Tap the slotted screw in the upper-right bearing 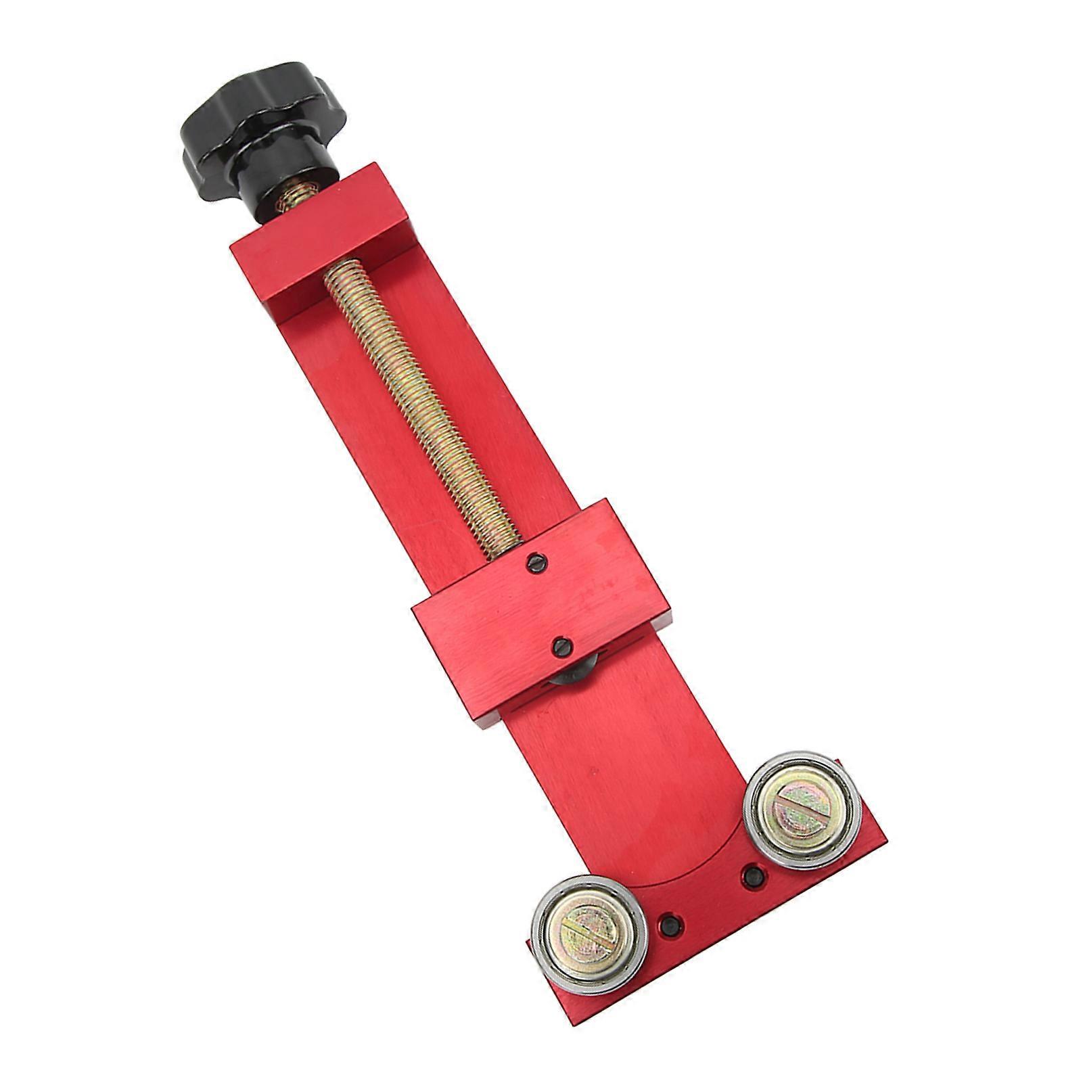pyautogui.click(x=802, y=807)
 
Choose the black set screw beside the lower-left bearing pyautogui.click(x=670, y=924)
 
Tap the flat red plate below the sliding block pyautogui.click(x=622, y=778)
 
